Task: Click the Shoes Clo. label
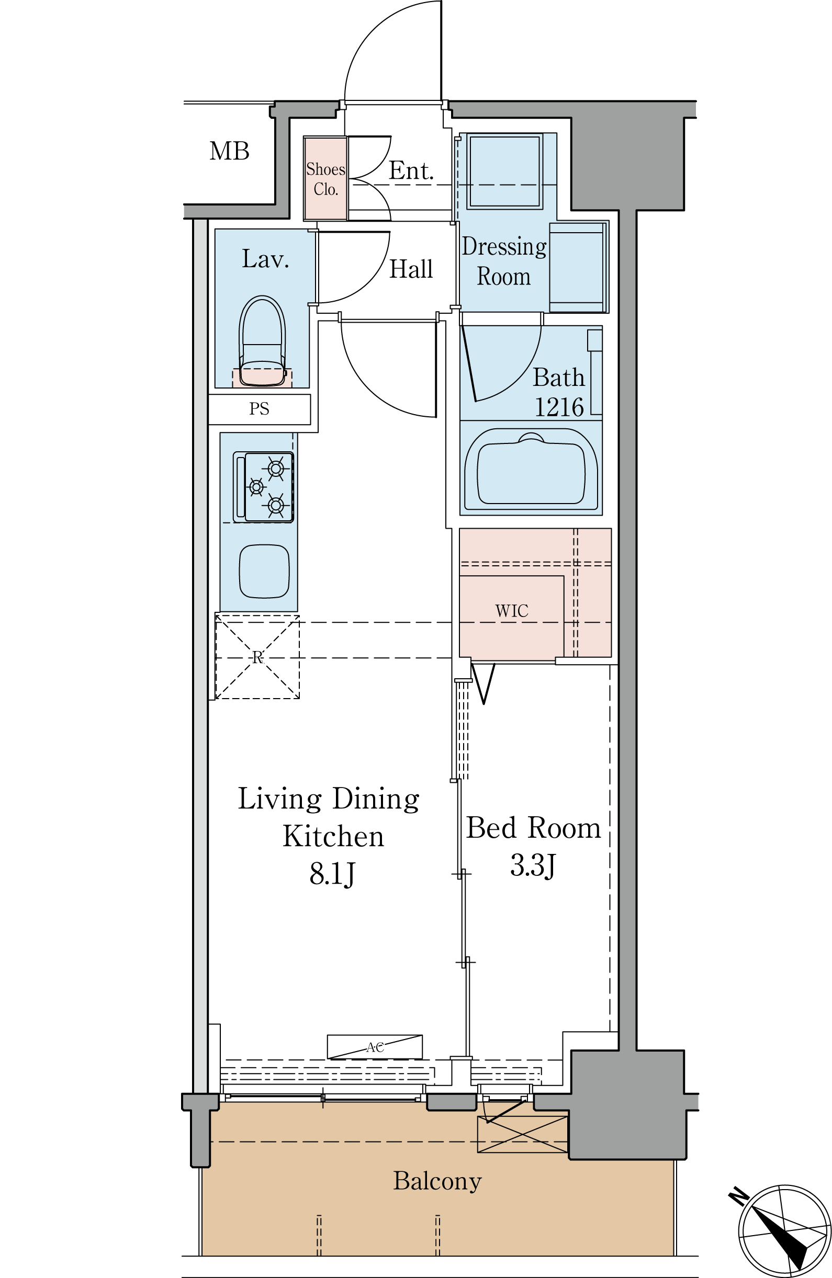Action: coord(325,179)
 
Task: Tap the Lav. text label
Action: coord(265,259)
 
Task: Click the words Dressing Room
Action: coord(503,261)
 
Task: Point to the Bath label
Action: coord(558,378)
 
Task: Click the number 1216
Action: coord(559,407)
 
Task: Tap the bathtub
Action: coord(531,473)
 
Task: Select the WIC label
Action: coord(511,611)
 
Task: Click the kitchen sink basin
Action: coord(264,571)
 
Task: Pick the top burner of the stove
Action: coord(276,469)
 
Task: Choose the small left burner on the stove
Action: coord(256,487)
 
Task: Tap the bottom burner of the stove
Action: coord(276,505)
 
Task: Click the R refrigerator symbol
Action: coord(257,657)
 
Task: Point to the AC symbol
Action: coord(375,1047)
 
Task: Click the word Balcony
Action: coord(437,1181)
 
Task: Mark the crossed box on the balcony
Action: coord(522,1134)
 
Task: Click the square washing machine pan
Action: coord(503,172)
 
